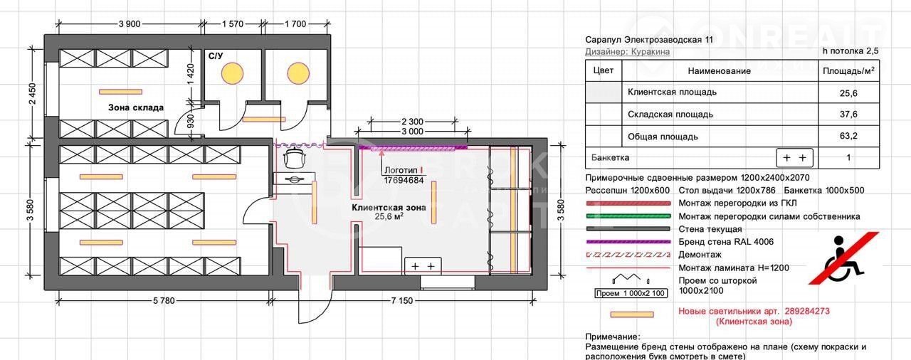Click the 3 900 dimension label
point(130,24)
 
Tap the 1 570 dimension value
point(233,24)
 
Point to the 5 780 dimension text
point(164,301)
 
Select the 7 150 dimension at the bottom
point(401,301)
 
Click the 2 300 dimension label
point(412,122)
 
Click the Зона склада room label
point(136,107)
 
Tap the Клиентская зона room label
point(389,208)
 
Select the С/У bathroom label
point(216,55)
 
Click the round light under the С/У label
point(232,73)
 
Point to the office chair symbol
point(294,159)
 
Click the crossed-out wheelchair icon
point(844,258)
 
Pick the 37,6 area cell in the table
point(848,114)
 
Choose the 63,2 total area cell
point(848,136)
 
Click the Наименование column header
point(719,71)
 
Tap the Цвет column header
point(603,70)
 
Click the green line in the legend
point(628,216)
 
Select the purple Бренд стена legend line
point(628,242)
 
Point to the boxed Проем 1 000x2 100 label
point(631,293)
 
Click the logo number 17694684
point(404,180)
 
